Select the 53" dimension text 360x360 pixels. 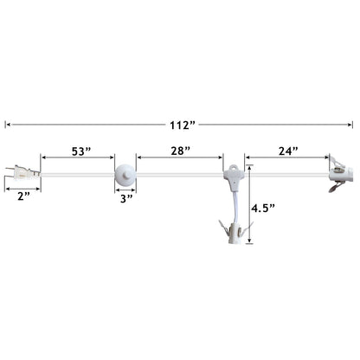[79, 151]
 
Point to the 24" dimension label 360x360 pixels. [287, 151]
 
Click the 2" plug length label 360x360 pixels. [22, 196]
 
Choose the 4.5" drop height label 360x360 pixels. [265, 209]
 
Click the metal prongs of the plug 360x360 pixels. [10, 173]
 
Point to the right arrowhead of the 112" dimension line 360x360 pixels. [352, 125]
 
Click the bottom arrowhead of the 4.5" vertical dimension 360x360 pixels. [249, 246]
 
